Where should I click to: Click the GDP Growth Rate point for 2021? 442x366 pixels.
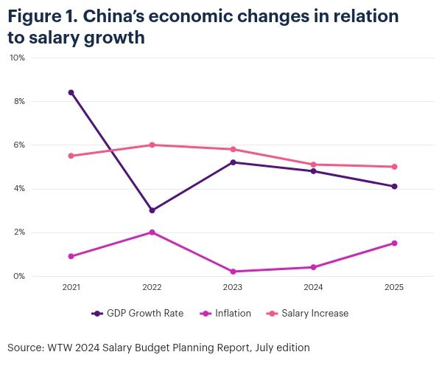tap(71, 92)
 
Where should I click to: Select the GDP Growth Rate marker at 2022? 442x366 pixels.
tap(152, 210)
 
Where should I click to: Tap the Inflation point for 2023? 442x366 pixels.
tap(233, 272)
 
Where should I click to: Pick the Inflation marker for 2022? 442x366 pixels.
tap(152, 232)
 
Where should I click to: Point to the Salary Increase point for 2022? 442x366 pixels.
tap(152, 145)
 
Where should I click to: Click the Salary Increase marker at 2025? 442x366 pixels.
tap(394, 167)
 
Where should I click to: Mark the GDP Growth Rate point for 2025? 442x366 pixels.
tap(394, 187)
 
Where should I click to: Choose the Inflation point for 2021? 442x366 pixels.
tap(71, 256)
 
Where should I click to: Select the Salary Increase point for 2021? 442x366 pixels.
tap(71, 156)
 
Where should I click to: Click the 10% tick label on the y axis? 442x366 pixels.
tap(17, 58)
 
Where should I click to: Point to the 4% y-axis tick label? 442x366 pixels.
tap(18, 189)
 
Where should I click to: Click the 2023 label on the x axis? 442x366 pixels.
tap(233, 287)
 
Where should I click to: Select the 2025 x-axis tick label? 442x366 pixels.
tap(394, 287)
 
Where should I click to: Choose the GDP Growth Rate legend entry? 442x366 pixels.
tap(138, 313)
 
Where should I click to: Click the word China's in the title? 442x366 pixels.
tap(128, 16)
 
